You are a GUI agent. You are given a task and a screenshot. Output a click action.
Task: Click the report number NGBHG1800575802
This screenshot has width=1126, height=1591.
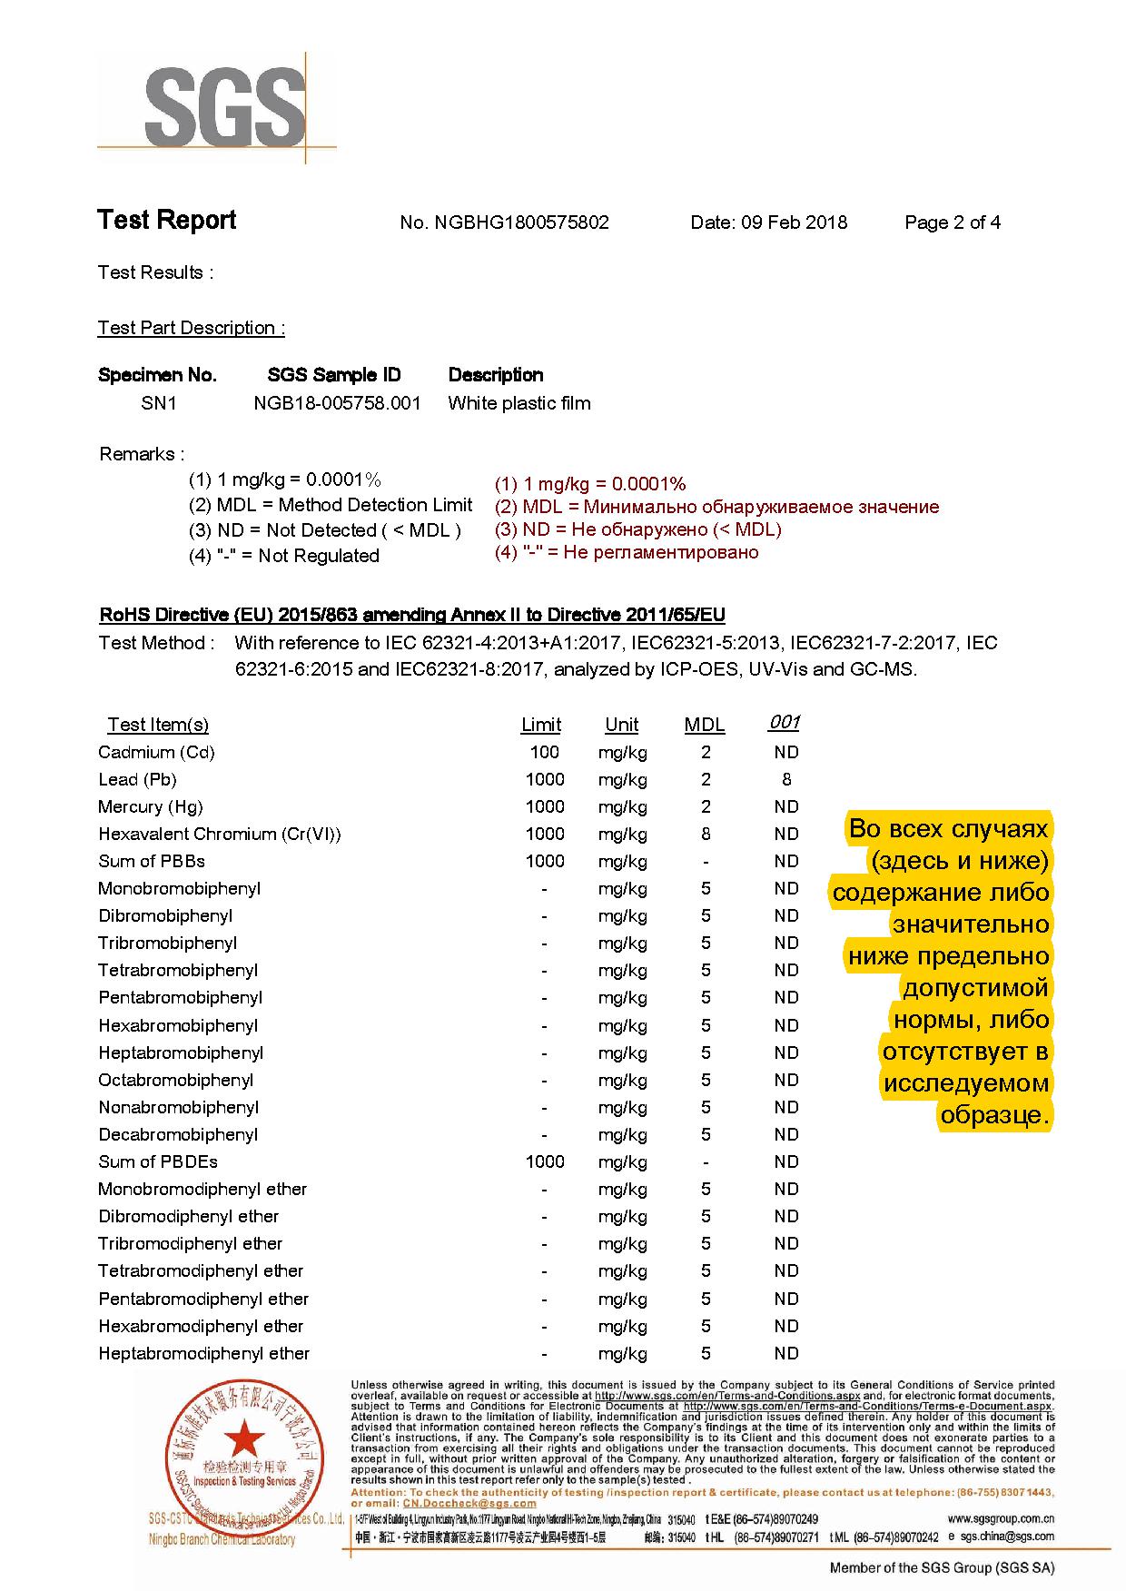[x=522, y=222]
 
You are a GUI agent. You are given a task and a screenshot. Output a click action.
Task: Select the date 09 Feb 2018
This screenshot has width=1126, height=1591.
[x=795, y=222]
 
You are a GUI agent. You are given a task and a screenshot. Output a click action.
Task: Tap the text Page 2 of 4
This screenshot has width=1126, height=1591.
[x=953, y=222]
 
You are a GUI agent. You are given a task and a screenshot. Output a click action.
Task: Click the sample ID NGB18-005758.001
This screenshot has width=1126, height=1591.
[x=337, y=403]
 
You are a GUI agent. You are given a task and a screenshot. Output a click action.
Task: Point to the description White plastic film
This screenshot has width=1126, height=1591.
[x=519, y=403]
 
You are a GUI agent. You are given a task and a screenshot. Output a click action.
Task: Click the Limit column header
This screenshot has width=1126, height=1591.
[x=541, y=725]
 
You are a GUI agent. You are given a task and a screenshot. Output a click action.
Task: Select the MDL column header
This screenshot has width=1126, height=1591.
[x=705, y=725]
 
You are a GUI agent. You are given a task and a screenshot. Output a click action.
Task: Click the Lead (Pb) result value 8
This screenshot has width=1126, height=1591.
[x=786, y=779]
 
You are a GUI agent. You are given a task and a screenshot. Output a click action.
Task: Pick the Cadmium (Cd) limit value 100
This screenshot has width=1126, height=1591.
[x=545, y=752]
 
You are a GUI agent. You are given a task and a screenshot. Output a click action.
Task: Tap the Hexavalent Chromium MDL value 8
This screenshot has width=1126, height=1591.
[x=706, y=834]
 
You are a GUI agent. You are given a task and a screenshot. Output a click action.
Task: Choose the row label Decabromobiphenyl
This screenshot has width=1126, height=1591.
[x=178, y=1134]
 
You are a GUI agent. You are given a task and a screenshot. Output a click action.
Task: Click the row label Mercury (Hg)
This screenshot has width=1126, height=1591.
[x=151, y=806]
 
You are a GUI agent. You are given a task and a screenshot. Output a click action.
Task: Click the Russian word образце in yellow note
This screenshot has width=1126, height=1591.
[x=994, y=1115]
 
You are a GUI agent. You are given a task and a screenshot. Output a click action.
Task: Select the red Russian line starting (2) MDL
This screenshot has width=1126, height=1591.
[x=716, y=507]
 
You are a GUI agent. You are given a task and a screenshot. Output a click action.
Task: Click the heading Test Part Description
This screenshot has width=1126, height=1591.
[x=191, y=328]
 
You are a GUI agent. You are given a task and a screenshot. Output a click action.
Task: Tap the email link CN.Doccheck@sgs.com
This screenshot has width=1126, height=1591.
[x=450, y=1503]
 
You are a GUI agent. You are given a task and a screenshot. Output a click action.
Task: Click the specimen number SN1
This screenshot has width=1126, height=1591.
[x=159, y=403]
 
